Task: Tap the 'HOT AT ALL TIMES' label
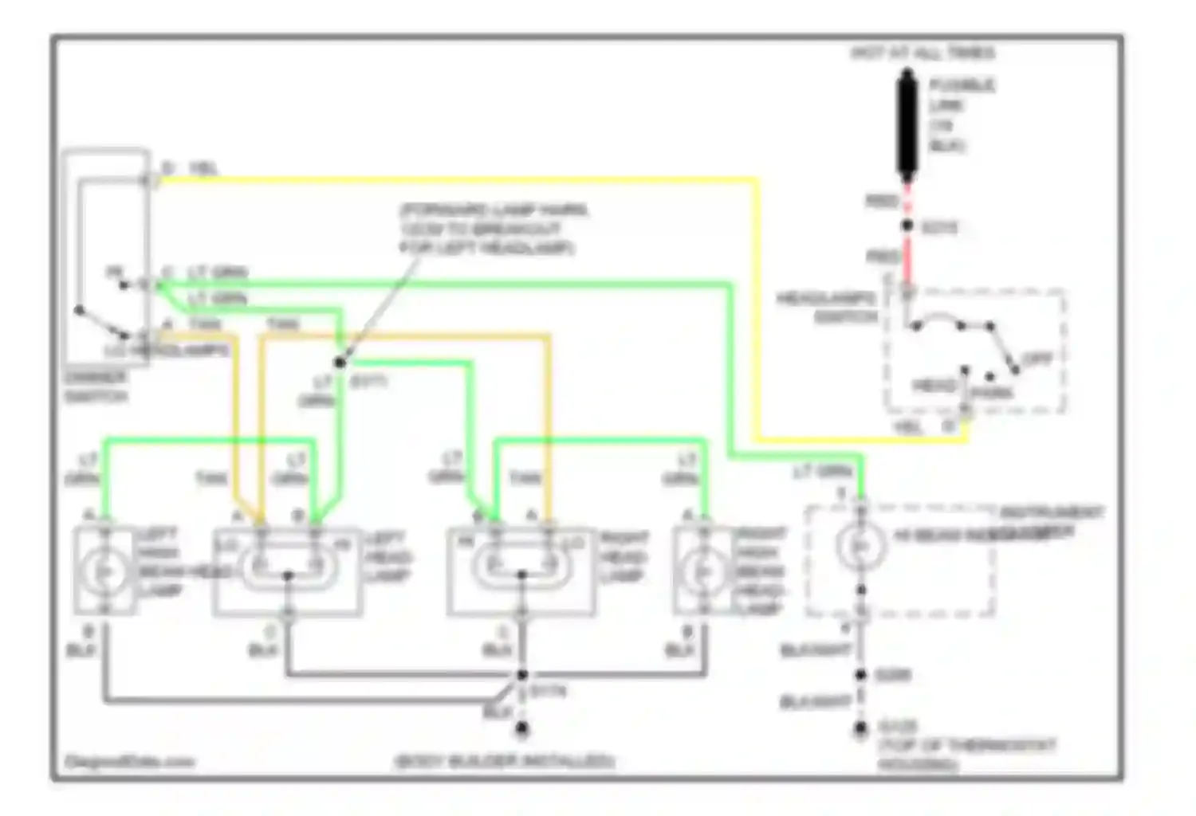(923, 53)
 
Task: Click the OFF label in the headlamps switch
(1037, 360)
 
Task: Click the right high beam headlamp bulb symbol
(702, 571)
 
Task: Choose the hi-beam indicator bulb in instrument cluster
(860, 546)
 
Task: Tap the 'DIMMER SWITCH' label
(95, 386)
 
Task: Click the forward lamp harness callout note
(494, 229)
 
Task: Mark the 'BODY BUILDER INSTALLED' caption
(504, 761)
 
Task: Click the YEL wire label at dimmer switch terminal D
(203, 169)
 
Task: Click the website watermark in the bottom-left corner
(128, 762)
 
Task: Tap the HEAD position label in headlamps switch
(933, 386)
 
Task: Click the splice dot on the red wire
(907, 226)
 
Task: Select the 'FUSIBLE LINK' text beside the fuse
(961, 116)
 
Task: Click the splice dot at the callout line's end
(340, 363)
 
